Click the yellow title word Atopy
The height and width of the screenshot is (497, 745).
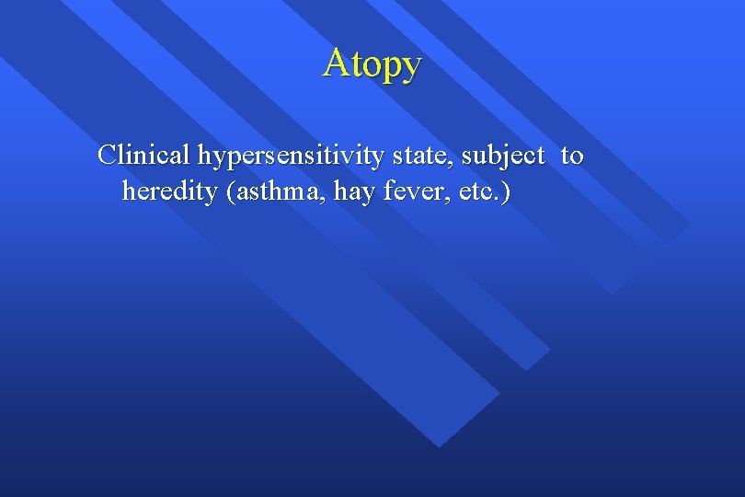coord(372,64)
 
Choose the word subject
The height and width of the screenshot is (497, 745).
coord(503,156)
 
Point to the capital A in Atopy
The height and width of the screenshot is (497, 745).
coord(336,63)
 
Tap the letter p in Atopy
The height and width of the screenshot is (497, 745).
coord(388,66)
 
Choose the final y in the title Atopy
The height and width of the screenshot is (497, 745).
coord(411,66)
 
